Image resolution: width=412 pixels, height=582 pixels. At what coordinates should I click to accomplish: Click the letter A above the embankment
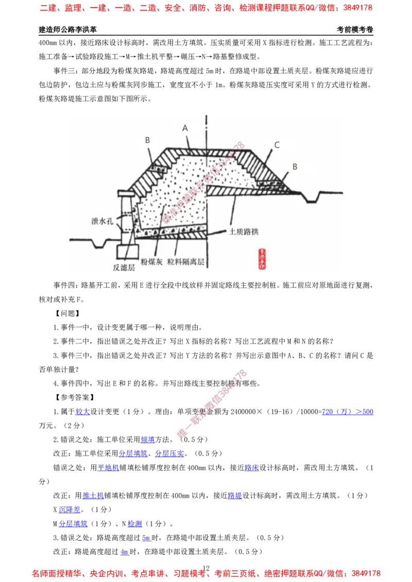185,128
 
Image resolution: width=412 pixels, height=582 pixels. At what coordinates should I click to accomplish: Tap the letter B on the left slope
147,139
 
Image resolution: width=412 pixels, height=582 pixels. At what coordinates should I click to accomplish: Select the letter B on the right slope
295,167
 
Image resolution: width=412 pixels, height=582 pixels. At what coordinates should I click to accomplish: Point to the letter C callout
277,145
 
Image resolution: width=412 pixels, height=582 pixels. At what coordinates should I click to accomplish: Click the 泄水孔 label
101,221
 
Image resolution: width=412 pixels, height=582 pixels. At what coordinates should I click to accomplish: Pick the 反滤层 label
124,267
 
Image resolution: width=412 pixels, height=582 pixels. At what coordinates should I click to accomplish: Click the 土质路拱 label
244,232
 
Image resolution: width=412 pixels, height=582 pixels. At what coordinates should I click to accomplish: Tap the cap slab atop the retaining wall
127,193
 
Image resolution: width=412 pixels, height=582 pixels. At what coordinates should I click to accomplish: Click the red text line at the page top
206,8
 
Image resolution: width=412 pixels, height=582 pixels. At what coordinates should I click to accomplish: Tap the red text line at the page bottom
206,572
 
